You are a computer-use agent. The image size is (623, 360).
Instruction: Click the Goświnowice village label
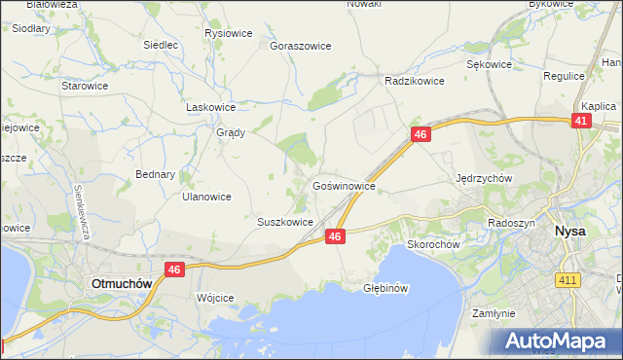click(x=344, y=184)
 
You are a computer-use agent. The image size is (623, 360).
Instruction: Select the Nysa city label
click(x=569, y=232)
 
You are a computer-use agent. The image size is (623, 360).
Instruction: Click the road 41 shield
click(x=580, y=121)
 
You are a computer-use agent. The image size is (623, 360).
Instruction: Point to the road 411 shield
click(x=567, y=280)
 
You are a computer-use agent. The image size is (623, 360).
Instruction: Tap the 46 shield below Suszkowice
click(x=335, y=236)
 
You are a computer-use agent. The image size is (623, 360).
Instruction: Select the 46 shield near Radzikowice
click(x=420, y=135)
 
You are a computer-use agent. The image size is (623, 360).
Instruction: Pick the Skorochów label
click(x=433, y=244)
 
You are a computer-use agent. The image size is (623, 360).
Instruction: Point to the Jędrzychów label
click(x=484, y=178)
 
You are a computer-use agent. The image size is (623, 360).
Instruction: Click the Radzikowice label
click(x=415, y=81)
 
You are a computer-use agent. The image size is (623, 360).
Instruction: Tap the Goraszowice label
click(x=301, y=46)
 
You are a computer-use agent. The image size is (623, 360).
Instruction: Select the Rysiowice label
click(x=229, y=33)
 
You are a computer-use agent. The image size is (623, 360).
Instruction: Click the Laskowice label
click(x=211, y=107)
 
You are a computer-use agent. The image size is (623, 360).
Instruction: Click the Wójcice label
click(x=215, y=298)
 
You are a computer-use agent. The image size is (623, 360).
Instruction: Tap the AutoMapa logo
click(x=559, y=341)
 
